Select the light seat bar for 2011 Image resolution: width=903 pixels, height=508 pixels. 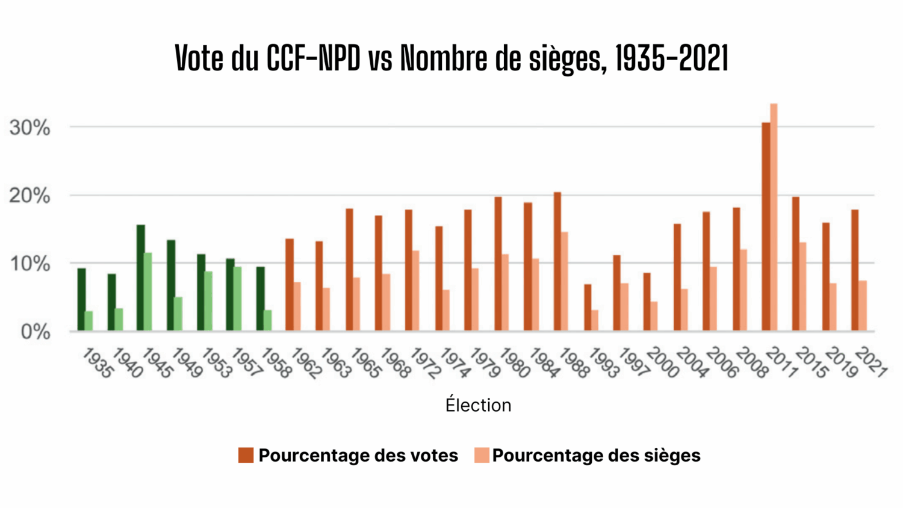click(x=774, y=217)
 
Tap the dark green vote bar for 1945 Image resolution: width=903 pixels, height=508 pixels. click(x=141, y=277)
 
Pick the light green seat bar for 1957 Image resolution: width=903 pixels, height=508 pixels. click(x=238, y=299)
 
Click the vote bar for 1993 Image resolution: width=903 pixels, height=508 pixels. click(x=588, y=308)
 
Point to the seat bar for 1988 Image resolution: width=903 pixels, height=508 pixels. click(x=565, y=281)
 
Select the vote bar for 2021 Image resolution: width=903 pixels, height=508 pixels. click(x=855, y=270)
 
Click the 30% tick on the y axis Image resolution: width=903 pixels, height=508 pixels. click(x=29, y=128)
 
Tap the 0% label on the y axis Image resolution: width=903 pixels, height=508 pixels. click(x=36, y=332)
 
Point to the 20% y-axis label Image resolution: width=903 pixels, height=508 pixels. click(x=29, y=196)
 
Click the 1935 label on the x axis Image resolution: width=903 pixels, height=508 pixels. click(x=97, y=364)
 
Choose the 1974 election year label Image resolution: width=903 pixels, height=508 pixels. click(x=454, y=364)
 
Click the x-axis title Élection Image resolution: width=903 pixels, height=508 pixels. click(x=478, y=405)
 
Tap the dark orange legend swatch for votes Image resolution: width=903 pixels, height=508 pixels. click(x=246, y=456)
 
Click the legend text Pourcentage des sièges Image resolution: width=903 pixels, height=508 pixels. click(x=596, y=456)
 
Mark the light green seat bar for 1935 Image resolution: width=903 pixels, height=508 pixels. click(x=89, y=321)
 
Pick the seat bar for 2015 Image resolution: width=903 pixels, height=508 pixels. click(x=803, y=287)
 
